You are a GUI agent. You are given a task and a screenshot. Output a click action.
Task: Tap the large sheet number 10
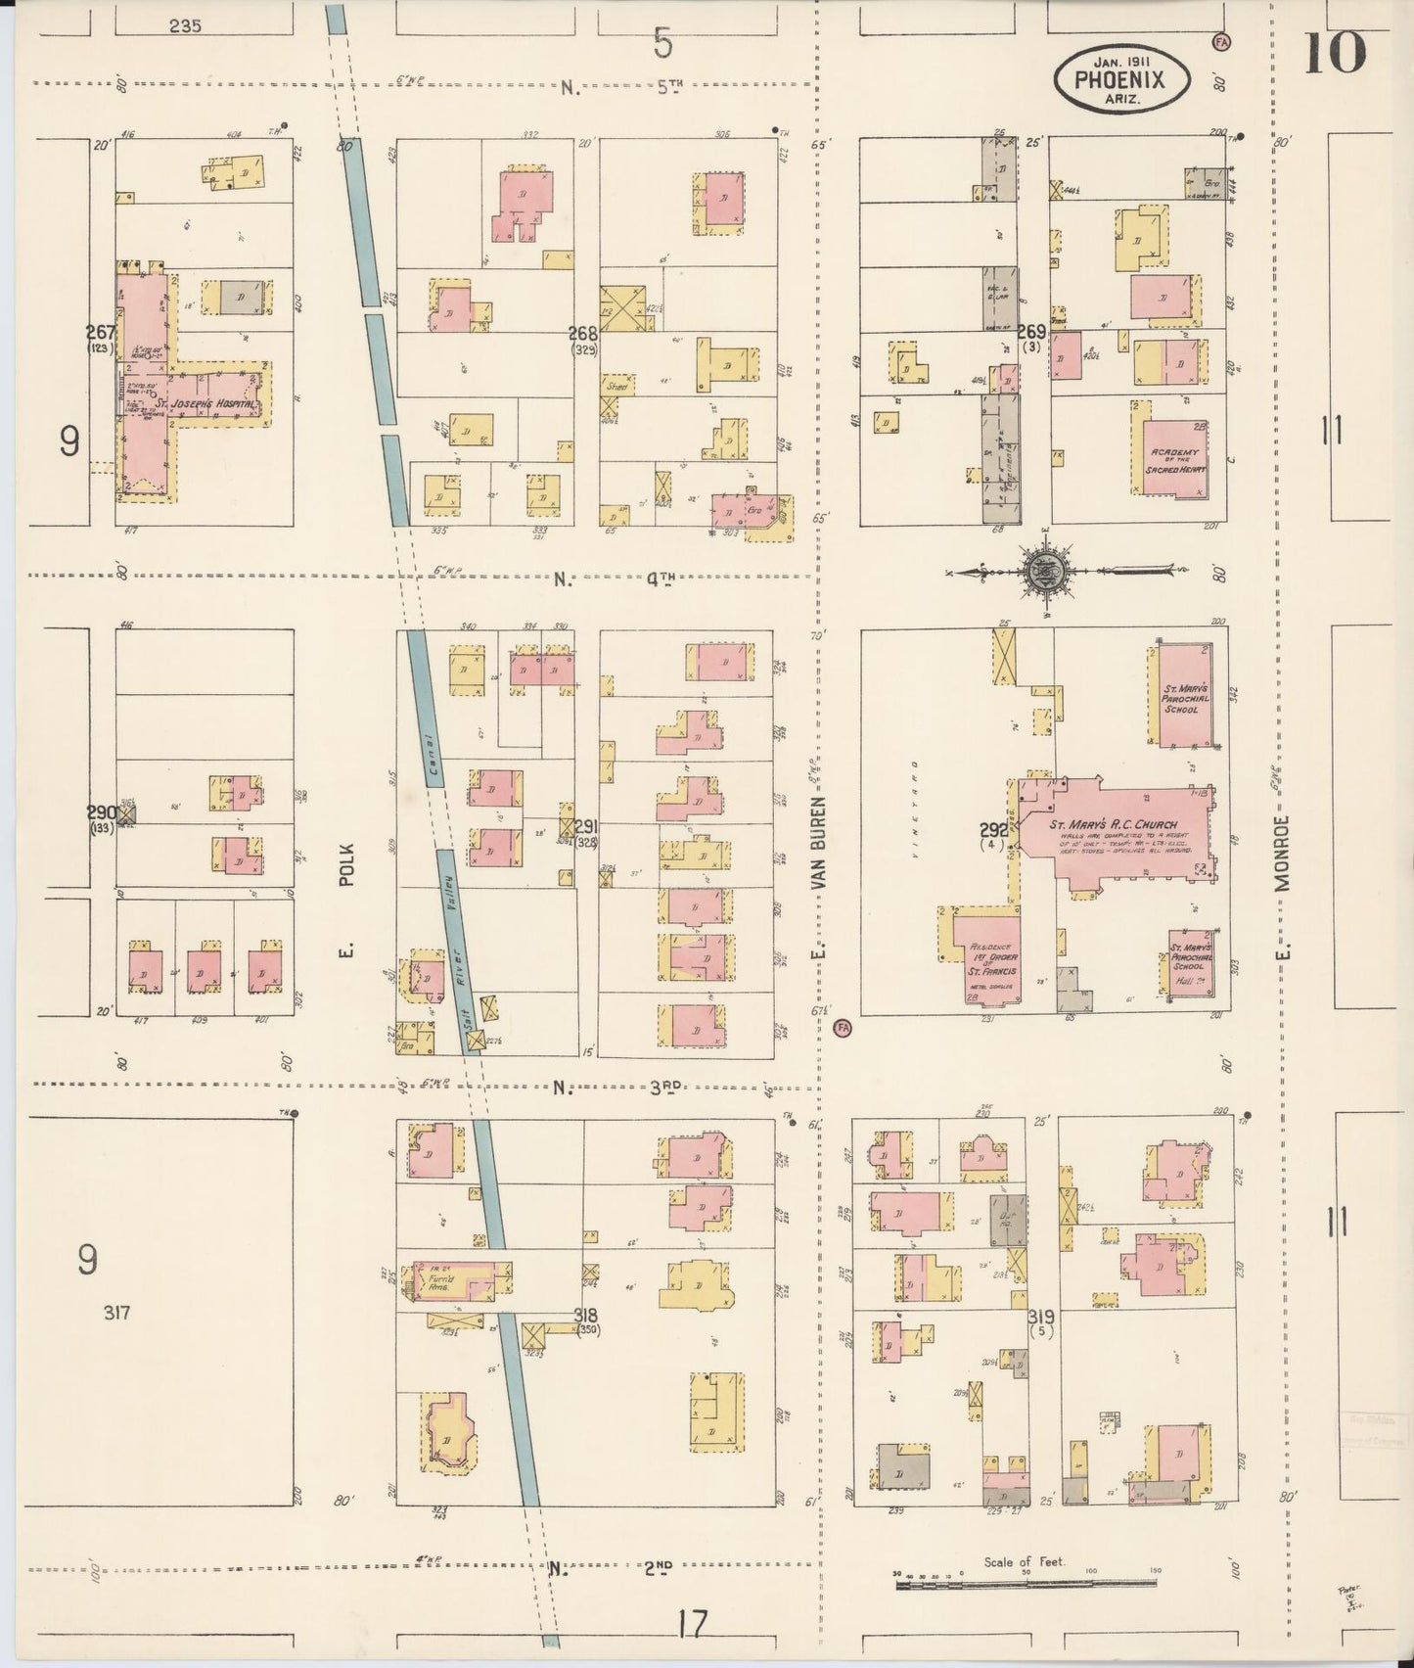(x=1333, y=52)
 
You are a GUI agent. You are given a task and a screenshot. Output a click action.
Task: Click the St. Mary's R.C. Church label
(x=1114, y=824)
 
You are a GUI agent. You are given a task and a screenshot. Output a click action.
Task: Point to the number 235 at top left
(x=184, y=26)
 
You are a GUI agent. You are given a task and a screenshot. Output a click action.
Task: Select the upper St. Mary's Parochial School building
(x=1185, y=694)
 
